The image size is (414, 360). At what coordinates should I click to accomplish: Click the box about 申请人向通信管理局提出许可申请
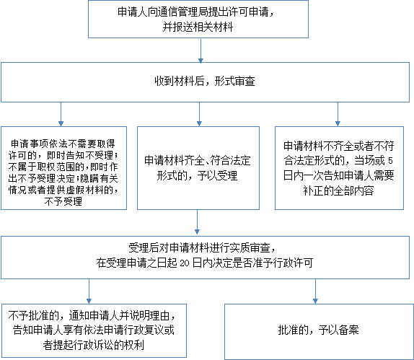click(198, 19)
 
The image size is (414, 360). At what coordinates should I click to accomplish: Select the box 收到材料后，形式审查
click(205, 82)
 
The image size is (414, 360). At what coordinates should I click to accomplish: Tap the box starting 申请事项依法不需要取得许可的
click(63, 168)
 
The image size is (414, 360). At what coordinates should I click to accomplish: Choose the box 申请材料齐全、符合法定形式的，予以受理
click(198, 168)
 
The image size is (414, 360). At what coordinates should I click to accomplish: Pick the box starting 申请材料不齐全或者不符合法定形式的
click(339, 168)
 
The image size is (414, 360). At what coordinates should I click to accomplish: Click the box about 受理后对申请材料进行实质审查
click(205, 258)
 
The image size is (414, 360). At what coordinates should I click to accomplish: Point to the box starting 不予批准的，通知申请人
click(94, 330)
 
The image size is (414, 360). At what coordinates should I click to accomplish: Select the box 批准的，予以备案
click(319, 332)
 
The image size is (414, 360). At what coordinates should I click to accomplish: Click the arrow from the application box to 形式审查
click(201, 51)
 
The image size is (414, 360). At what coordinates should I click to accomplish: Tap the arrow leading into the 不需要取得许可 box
click(61, 114)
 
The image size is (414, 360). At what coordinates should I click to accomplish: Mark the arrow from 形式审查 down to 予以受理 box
click(199, 114)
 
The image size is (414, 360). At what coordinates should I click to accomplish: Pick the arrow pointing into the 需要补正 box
click(338, 114)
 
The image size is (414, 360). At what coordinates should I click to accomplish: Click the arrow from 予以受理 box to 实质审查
click(197, 222)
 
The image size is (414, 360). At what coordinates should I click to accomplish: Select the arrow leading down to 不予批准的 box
click(89, 291)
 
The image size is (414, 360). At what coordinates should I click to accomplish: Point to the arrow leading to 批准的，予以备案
click(315, 291)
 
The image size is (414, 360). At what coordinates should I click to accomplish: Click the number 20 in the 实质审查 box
click(185, 263)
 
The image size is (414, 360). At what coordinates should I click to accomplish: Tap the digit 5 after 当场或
click(390, 161)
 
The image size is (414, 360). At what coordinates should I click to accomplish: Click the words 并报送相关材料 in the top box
click(198, 27)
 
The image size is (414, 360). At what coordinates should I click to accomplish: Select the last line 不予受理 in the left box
click(63, 201)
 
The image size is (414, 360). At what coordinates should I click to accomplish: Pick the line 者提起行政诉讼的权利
click(94, 345)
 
